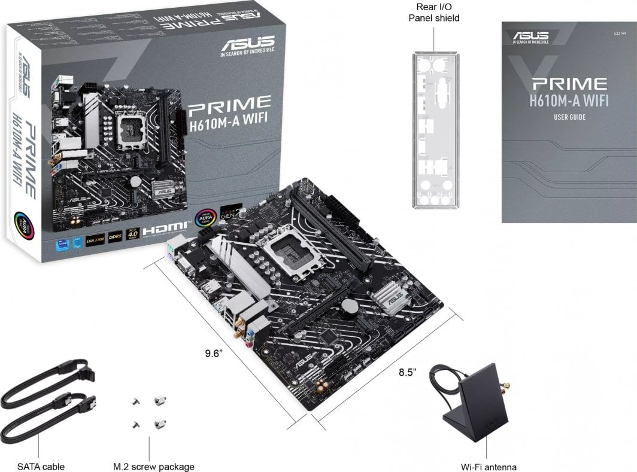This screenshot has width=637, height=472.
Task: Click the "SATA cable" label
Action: pos(41,467)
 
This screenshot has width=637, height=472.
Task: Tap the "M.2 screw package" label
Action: pos(154,467)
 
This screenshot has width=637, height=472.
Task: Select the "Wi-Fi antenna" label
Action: pos(489,467)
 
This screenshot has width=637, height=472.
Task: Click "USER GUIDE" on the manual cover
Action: pos(569,117)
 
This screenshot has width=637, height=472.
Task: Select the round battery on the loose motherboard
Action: pos(350,306)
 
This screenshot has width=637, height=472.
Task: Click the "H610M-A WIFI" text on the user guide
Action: pos(569,100)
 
